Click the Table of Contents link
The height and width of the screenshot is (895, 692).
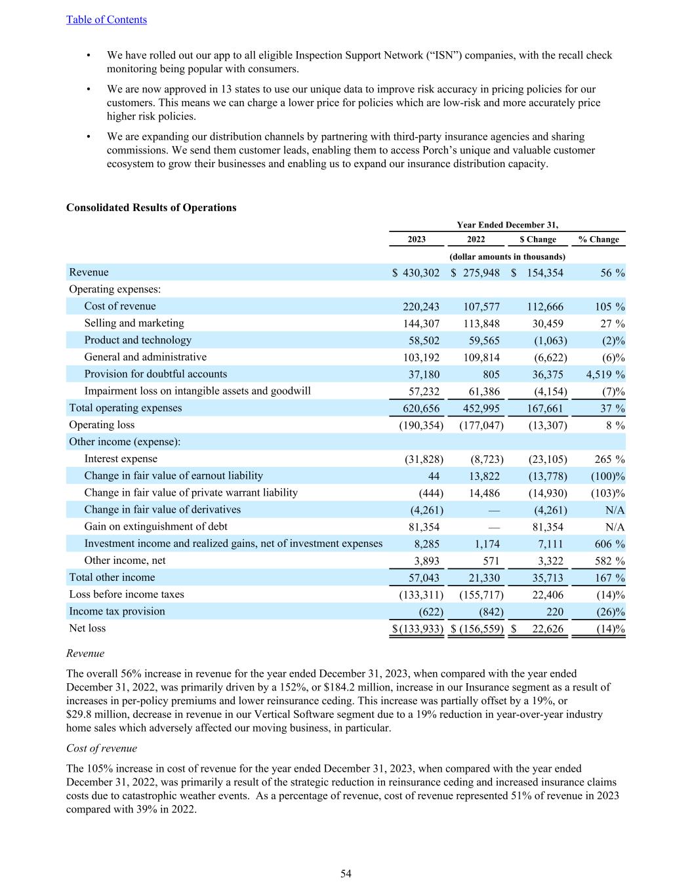106,20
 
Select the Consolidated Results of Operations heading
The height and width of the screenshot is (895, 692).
151,208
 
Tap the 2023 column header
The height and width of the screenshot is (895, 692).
417,239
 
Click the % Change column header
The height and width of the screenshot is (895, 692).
598,239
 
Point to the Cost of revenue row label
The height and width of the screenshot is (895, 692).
120,306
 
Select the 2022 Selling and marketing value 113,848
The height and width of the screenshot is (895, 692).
481,323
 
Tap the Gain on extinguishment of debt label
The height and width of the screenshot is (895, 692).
155,527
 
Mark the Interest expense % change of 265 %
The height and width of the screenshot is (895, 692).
609,459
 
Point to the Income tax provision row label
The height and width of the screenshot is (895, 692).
117,611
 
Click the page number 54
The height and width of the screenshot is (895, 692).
346,873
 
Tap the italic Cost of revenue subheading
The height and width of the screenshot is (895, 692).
102,748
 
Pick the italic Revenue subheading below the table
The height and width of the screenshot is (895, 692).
85,653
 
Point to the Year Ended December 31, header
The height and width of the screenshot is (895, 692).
507,225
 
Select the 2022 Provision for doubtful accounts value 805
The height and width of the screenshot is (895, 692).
491,374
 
